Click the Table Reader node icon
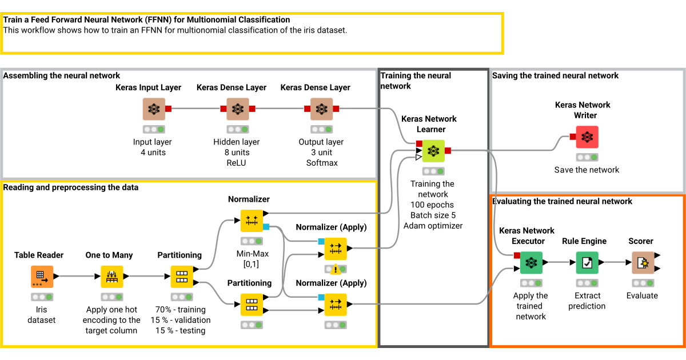point(42,277)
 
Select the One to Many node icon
point(112,277)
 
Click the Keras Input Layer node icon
point(153,109)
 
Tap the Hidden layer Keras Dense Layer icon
point(237,109)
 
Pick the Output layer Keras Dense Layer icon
point(321,109)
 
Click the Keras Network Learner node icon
point(433,151)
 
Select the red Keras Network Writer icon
point(587,137)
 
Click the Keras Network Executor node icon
point(531,263)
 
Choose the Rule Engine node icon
point(587,263)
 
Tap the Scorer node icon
point(643,263)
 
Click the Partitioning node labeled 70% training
point(182,277)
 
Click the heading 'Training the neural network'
point(416,81)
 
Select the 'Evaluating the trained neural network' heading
point(562,201)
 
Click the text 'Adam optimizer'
point(433,226)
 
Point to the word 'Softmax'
point(322,163)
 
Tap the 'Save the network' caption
point(587,170)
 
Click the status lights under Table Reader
point(42,297)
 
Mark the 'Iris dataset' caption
point(42,315)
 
